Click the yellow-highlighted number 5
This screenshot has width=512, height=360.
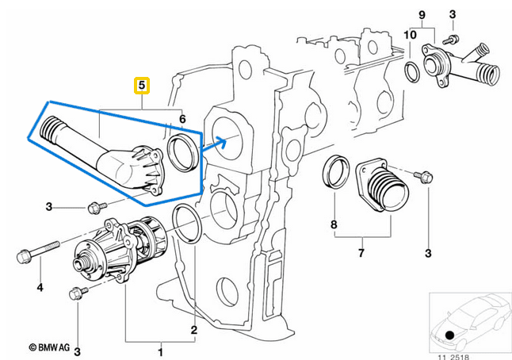pos(142,84)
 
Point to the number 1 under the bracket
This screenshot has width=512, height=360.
pos(161,350)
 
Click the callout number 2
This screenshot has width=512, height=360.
pos(193,327)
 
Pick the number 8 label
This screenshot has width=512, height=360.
pos(334,225)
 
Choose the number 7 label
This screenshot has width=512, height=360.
pos(361,253)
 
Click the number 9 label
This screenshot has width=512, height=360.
pos(422,14)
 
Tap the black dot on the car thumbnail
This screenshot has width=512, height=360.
pos(450,334)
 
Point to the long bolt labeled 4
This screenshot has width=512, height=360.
pos(36,255)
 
